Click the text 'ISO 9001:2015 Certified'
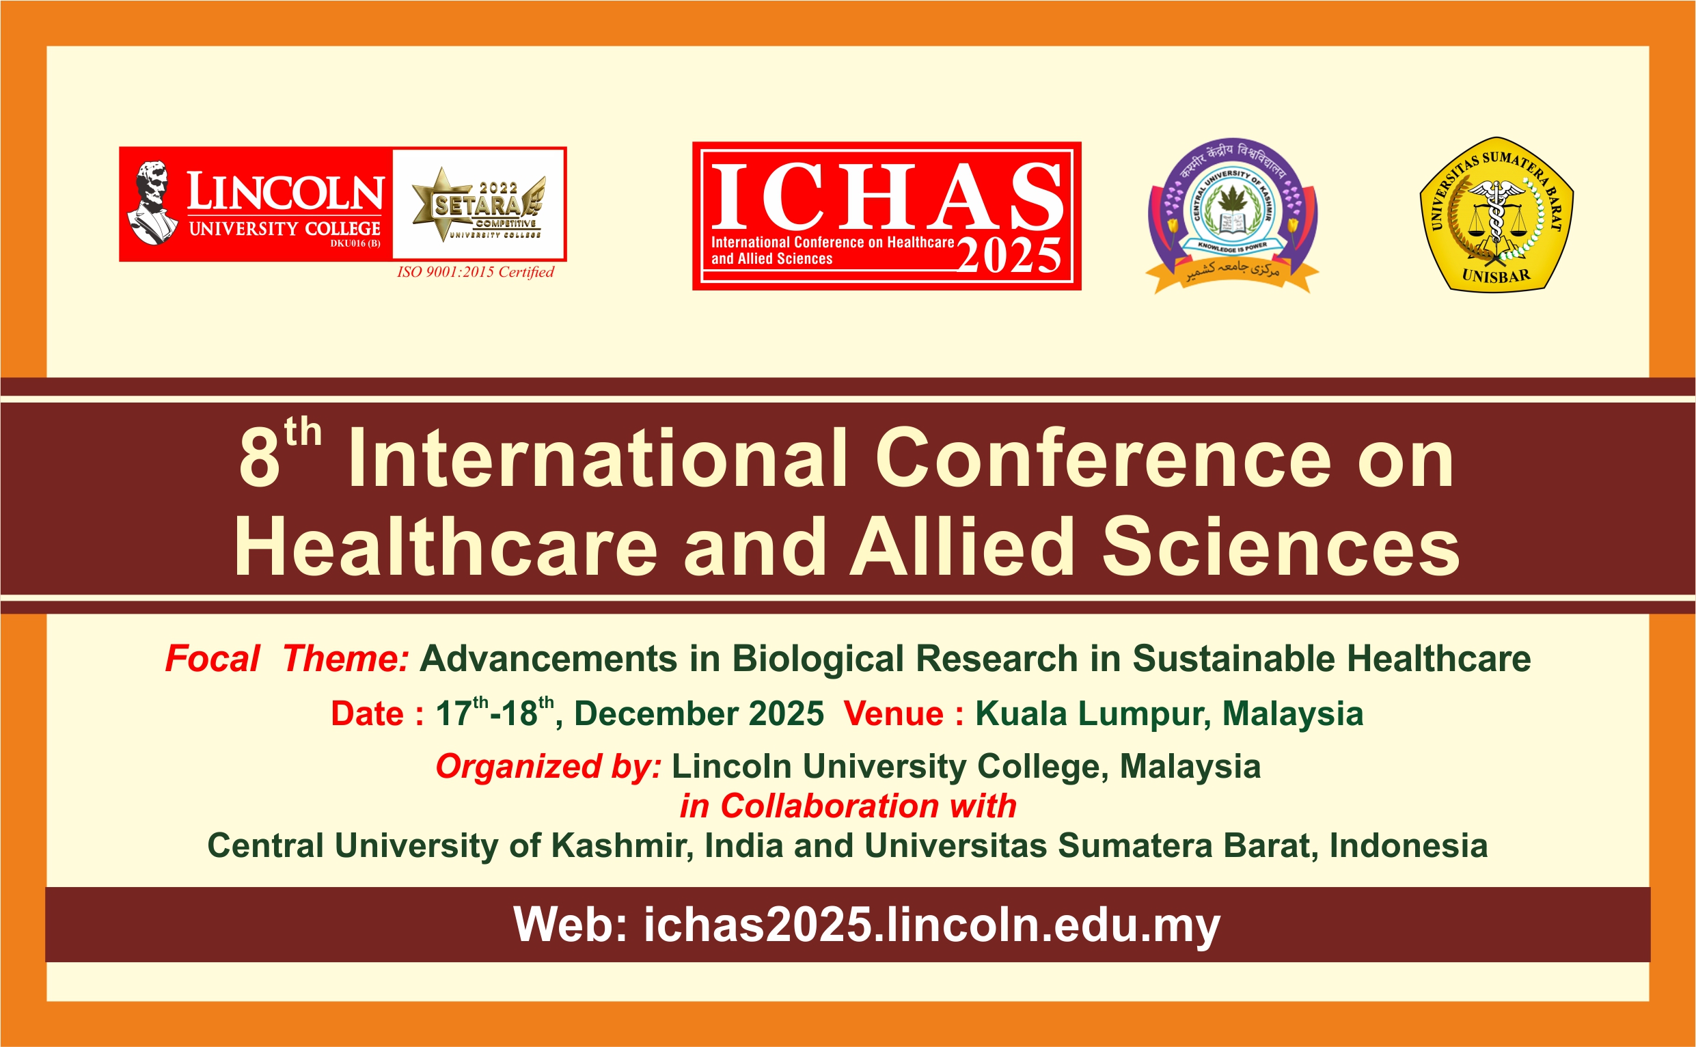475,272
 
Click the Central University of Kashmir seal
1232,215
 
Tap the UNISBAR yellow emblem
1496,214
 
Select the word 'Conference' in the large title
1104,459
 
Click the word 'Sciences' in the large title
1281,546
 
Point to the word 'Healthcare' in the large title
446,546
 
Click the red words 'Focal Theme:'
286,659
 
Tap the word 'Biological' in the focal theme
817,659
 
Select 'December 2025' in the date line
698,714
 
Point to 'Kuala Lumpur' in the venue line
1093,714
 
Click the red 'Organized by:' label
548,767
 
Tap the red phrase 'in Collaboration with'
848,806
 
